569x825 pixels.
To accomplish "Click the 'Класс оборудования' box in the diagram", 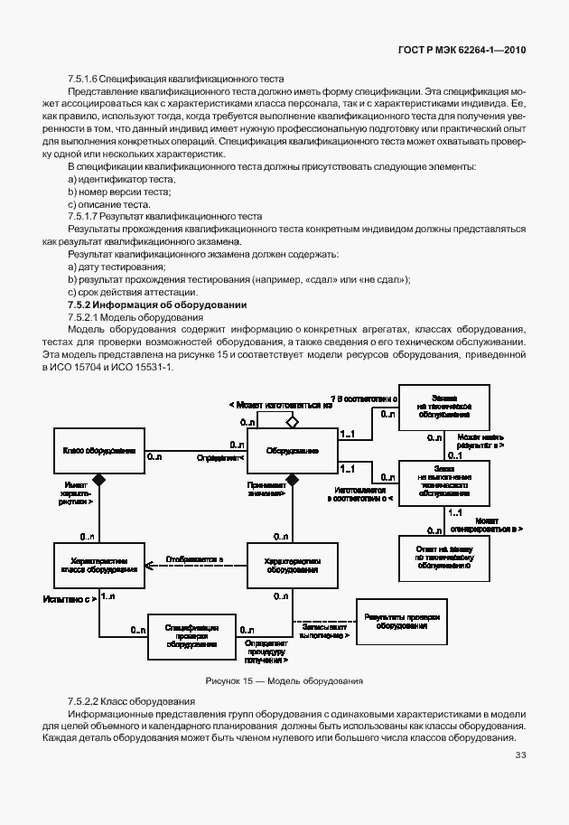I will tap(99, 450).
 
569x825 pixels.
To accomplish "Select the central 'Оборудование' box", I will tap(292, 450).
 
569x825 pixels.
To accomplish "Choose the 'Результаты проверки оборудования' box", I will tap(402, 621).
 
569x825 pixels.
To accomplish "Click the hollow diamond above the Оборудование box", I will tap(292, 421).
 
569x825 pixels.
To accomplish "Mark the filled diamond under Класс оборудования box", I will tap(99, 478).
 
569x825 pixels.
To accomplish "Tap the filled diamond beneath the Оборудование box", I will tap(292, 478).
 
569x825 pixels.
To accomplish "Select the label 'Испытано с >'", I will tap(70, 598).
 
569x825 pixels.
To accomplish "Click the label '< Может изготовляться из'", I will tap(281, 404).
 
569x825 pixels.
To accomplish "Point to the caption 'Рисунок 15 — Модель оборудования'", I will tap(284, 680).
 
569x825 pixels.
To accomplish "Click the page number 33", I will tap(520, 755).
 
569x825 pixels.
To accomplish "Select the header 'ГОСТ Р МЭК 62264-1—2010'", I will tap(462, 51).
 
